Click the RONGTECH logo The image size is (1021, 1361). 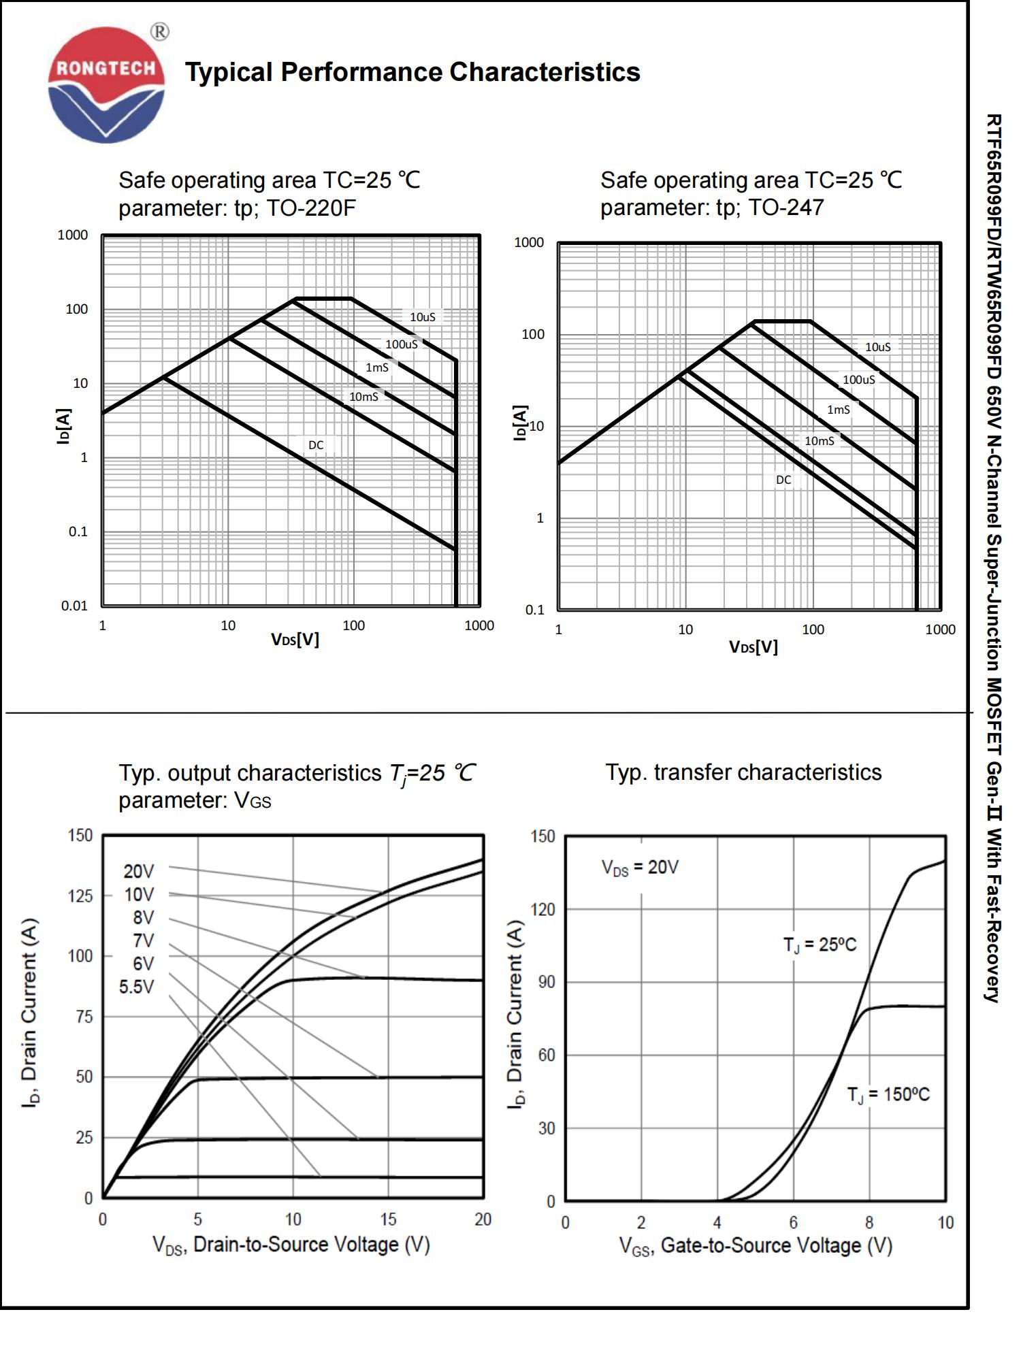click(x=106, y=84)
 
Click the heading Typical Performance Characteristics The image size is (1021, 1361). click(x=412, y=72)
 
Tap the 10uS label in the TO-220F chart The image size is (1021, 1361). click(x=422, y=317)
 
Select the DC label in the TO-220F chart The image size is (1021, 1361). click(x=316, y=445)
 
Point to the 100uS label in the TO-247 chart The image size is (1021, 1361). click(x=858, y=380)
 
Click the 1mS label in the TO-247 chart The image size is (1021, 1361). click(x=838, y=410)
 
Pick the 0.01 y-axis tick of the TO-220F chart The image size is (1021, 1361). click(x=74, y=606)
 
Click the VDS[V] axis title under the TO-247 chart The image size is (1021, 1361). click(x=753, y=646)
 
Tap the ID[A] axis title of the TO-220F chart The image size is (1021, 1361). click(x=63, y=426)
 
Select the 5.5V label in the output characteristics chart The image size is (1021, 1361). click(x=137, y=987)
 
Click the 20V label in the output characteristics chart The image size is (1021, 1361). click(x=139, y=871)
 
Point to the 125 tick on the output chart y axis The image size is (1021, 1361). click(x=80, y=896)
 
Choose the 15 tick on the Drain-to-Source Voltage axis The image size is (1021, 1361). click(x=388, y=1219)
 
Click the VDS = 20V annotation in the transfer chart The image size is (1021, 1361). click(x=640, y=868)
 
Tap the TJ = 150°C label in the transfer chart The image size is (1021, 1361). click(x=888, y=1094)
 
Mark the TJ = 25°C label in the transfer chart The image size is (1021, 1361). click(x=820, y=945)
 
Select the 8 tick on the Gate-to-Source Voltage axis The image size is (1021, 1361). click(x=869, y=1222)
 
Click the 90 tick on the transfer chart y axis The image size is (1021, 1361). click(x=547, y=982)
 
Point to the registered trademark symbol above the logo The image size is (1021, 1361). click(x=159, y=32)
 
